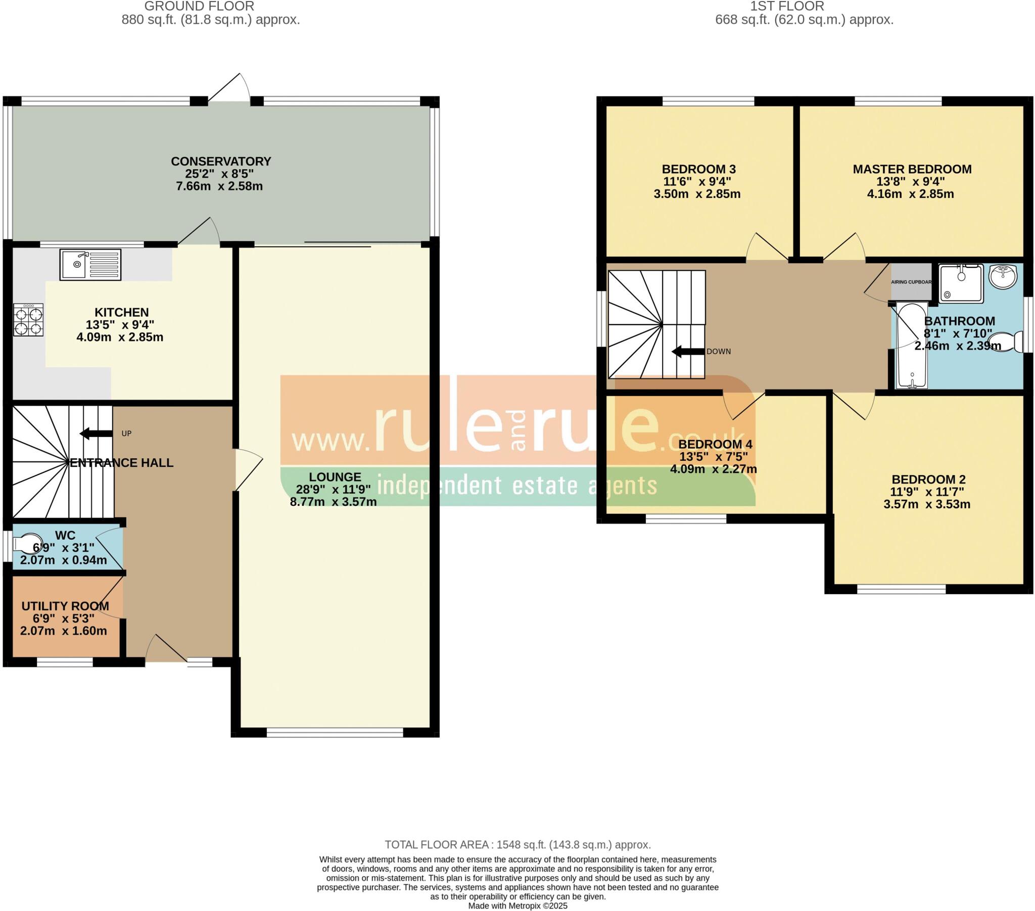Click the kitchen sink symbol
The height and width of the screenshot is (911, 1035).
click(90, 264)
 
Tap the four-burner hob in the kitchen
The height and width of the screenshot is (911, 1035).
click(28, 319)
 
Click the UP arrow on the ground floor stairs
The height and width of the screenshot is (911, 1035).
click(96, 434)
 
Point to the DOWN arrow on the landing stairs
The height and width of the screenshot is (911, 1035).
click(688, 352)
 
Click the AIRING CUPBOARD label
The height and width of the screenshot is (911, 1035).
click(911, 282)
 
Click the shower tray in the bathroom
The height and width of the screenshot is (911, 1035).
click(961, 283)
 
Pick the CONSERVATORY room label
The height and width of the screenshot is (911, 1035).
click(221, 162)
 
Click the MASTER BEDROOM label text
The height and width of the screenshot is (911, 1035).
click(912, 169)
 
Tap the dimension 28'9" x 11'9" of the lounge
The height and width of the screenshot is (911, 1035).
click(334, 490)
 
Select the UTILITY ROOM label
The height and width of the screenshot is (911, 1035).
click(65, 606)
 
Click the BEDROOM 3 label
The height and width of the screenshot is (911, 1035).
click(698, 169)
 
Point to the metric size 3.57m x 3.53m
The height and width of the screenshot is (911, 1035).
click(927, 504)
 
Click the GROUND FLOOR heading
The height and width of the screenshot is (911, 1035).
click(199, 7)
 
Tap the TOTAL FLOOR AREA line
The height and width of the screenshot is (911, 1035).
click(517, 845)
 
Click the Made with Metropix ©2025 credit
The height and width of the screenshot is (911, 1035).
click(517, 906)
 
